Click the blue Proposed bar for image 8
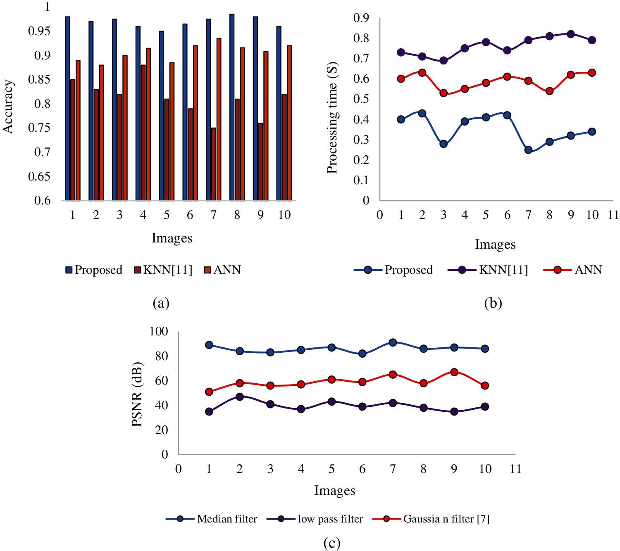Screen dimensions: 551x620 point(232,107)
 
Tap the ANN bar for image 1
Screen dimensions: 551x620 point(78,130)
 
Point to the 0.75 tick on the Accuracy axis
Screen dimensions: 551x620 point(39,128)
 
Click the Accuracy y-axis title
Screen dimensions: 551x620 point(8,107)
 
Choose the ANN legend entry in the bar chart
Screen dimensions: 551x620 point(222,270)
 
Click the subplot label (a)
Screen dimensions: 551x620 point(161,303)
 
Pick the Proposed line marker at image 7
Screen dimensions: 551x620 point(528,150)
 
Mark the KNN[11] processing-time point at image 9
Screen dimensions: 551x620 point(571,34)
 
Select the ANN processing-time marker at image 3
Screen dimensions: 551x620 point(444,93)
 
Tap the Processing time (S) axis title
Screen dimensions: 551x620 point(332,118)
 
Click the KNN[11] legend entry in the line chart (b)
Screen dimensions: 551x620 point(488,270)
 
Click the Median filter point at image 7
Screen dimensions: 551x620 point(393,342)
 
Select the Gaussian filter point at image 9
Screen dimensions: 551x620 point(454,372)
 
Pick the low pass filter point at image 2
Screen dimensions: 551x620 point(240,397)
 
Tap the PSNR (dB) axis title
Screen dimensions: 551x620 point(137,394)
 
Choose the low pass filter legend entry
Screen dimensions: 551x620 point(315,519)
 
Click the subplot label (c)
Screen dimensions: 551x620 point(332,543)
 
